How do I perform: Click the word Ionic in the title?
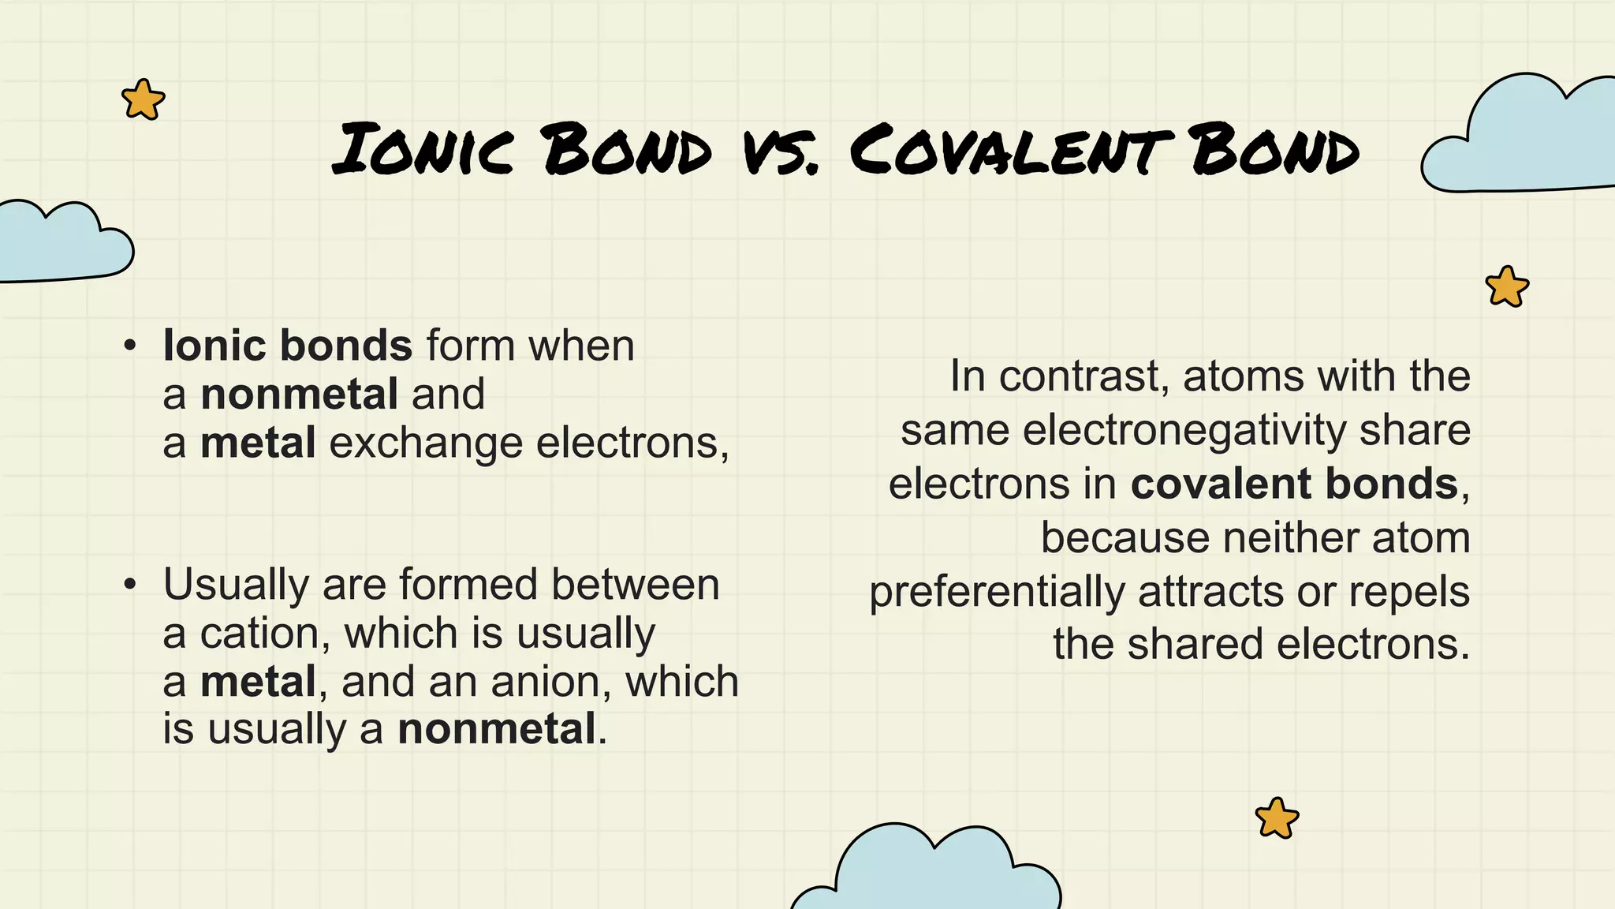pos(423,149)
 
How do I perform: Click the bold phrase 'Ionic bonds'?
pos(288,346)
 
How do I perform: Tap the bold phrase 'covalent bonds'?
pos(1294,484)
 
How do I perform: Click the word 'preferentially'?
pos(997,593)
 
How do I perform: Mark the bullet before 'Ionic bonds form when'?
pos(130,346)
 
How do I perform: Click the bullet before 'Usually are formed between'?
pos(130,585)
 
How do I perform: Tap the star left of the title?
pos(144,100)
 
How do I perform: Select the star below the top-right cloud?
pos(1507,286)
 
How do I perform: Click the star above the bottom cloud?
pos(1277,818)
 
